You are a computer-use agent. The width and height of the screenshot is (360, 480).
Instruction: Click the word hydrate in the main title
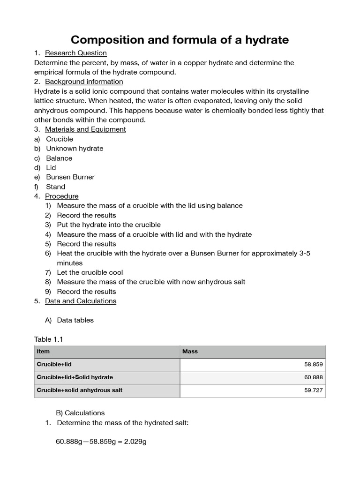coord(265,40)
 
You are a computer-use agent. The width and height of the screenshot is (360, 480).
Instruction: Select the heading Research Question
coord(75,53)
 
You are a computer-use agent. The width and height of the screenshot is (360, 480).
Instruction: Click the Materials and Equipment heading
coord(85,129)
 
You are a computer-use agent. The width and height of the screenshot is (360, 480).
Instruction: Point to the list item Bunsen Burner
coord(70,177)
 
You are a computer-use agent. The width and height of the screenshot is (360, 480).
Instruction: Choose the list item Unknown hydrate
coord(75,149)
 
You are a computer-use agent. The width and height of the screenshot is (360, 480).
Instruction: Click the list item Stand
coord(55,187)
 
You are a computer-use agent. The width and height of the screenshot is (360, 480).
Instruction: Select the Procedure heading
coord(61,196)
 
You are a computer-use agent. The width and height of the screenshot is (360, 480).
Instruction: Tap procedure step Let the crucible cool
coord(90,272)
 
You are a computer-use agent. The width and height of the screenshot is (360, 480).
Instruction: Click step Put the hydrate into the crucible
coord(109,225)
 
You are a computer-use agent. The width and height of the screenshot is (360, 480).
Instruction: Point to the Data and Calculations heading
coord(80,301)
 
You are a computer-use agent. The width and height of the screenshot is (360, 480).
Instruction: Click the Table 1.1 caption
coord(49,339)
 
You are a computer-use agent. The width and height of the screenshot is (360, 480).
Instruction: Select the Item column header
coord(43,352)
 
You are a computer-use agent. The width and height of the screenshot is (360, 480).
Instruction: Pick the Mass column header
coord(190,352)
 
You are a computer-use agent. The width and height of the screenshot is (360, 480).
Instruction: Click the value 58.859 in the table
coord(314,364)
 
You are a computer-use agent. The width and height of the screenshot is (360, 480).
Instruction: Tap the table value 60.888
coord(314,377)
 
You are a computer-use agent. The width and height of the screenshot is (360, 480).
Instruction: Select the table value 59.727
coord(314,390)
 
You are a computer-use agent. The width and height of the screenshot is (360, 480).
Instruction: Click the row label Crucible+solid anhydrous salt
coord(79,390)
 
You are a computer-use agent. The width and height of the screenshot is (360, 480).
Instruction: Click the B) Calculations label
coord(80,413)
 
